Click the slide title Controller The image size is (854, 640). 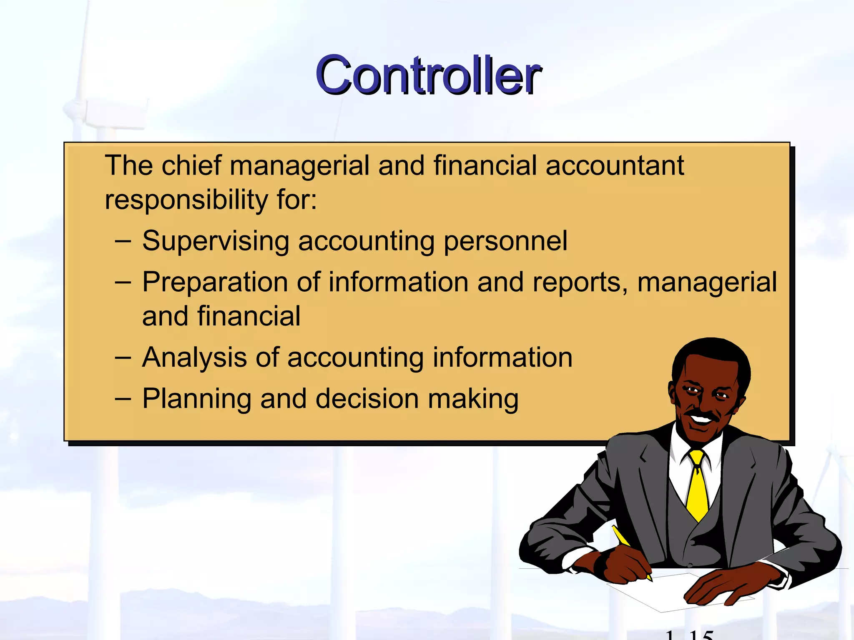[428, 75]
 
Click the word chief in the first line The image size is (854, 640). [191, 165]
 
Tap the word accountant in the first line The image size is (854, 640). [615, 165]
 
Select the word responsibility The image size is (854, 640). [186, 200]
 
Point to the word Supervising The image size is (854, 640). [216, 242]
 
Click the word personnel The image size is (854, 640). [505, 242]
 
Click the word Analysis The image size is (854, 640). [194, 357]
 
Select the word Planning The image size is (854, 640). [197, 399]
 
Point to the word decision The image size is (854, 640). [367, 399]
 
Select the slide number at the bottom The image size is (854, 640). [690, 635]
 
